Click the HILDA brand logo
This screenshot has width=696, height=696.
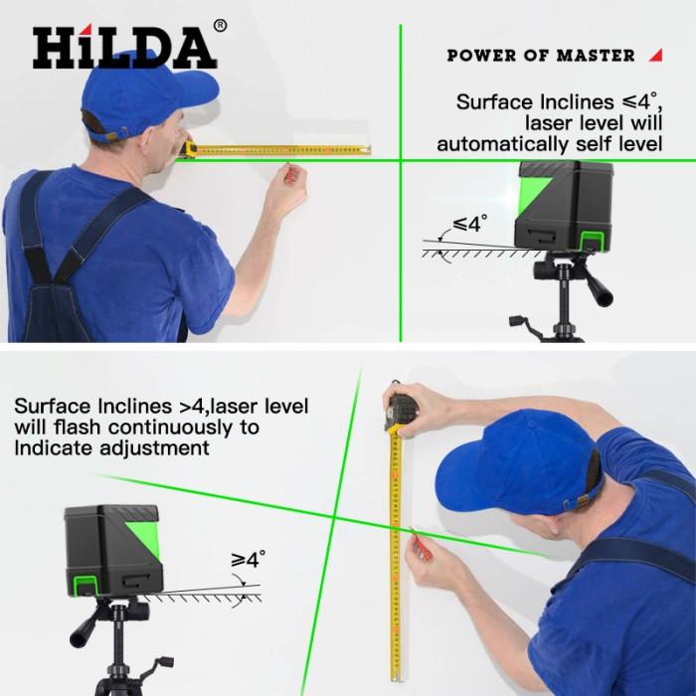[123, 48]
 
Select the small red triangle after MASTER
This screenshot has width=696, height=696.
[655, 55]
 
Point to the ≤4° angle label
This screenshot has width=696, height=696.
[470, 224]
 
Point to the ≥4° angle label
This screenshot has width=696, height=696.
[249, 560]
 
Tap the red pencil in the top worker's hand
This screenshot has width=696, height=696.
[288, 176]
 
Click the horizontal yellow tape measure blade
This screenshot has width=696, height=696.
[288, 150]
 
